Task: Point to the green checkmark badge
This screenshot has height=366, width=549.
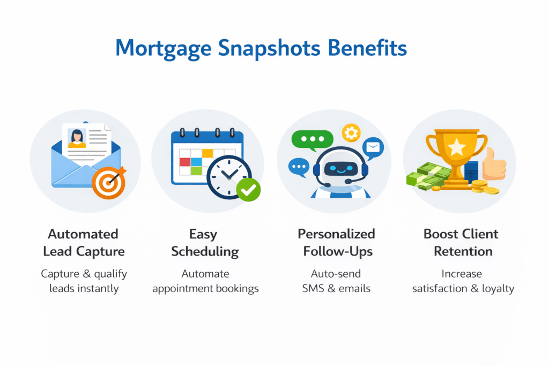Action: click(248, 189)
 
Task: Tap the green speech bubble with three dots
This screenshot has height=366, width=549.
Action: click(308, 138)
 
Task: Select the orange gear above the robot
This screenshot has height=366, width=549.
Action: click(352, 132)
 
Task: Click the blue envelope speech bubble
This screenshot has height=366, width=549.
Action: click(374, 146)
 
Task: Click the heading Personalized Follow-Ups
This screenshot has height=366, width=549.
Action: click(337, 243)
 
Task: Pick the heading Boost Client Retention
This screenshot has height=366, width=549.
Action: click(461, 243)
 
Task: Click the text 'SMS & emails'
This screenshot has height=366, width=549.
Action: click(337, 288)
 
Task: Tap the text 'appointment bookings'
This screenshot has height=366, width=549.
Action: click(205, 288)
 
